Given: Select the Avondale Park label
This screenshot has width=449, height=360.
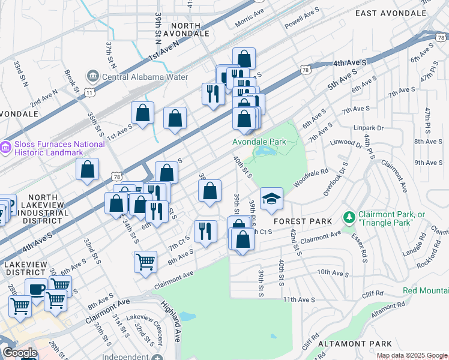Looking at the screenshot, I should tap(265, 142).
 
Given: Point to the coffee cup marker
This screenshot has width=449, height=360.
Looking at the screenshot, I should tap(37, 289).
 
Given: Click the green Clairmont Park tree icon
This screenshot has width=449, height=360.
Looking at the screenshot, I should tap(347, 216).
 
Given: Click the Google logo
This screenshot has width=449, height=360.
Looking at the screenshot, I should tap(20, 353).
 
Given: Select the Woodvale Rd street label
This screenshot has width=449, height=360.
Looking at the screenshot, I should tap(312, 178).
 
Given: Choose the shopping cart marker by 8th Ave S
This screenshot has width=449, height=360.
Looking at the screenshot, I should tap(145, 262).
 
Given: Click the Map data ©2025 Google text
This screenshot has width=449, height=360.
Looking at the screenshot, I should tap(412, 355).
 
